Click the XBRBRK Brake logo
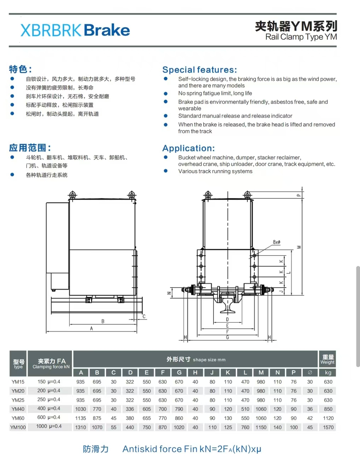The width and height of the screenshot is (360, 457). click(75, 30)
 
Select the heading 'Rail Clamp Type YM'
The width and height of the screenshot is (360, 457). click(301, 37)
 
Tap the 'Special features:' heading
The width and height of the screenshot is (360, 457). click(199, 70)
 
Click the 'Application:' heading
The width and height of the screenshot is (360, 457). click(188, 148)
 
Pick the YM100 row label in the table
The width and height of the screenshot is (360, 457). click(18, 427)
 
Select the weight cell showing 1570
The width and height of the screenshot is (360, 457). click(328, 427)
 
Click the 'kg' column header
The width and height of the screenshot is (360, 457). click(328, 373)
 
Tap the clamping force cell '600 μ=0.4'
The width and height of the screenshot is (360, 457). click(49, 417)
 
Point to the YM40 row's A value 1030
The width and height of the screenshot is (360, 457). click(81, 409)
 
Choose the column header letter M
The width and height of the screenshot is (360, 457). click(261, 373)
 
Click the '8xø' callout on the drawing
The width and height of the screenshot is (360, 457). click(276, 242)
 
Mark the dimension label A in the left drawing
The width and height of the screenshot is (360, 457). click(91, 328)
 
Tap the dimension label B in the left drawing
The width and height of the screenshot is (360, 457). click(103, 321)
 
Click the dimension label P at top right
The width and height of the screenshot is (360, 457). click(298, 195)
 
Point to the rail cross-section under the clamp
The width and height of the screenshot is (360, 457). click(228, 306)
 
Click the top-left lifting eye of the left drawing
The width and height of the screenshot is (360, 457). click(73, 195)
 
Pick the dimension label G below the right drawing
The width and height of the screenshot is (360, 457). click(227, 337)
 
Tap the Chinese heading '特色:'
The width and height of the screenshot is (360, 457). click(20, 69)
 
